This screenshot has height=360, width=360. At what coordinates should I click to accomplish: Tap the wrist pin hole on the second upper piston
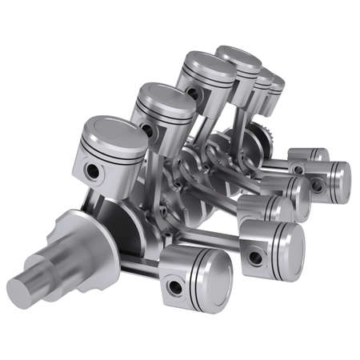[147, 128]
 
